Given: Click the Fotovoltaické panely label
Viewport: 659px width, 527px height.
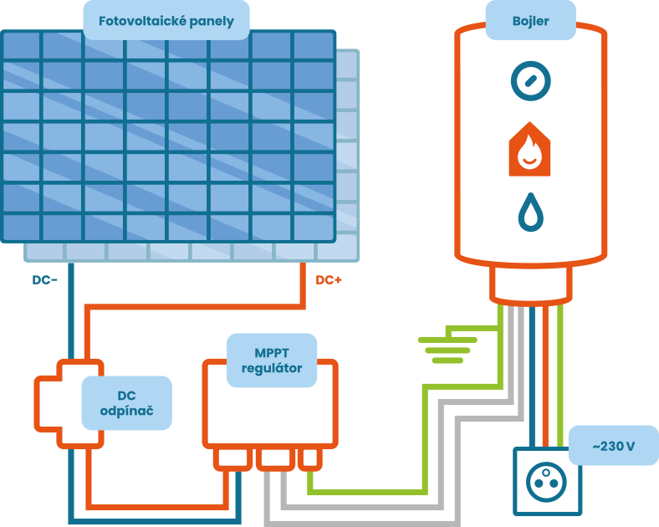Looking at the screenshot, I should click(x=166, y=20).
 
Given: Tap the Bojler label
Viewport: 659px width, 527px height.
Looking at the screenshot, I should click(x=530, y=20).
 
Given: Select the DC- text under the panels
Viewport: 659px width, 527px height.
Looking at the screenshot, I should click(x=45, y=280).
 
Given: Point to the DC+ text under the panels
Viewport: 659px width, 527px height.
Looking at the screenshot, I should click(x=329, y=280).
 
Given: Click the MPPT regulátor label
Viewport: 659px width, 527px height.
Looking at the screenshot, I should click(x=272, y=360).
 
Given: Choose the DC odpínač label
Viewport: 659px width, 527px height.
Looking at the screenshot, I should click(x=126, y=403).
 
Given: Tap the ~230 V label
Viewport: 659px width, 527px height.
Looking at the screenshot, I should click(x=613, y=447).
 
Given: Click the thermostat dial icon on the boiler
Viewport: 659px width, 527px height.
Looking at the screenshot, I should click(x=531, y=81).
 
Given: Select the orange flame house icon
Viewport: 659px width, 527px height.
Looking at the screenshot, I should click(x=529, y=150).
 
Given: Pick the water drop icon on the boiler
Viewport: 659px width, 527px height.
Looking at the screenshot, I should click(x=530, y=212).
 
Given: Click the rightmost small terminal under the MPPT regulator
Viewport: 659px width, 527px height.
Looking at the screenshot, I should click(x=309, y=458).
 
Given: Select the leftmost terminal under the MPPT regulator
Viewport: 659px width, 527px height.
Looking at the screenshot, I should click(x=233, y=458).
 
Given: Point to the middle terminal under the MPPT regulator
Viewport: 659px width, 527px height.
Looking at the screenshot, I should click(x=274, y=458).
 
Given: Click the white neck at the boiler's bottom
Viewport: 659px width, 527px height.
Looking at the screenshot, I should click(x=531, y=284).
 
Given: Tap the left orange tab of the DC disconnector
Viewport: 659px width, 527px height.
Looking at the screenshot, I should click(x=47, y=403).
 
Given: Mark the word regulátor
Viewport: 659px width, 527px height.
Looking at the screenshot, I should click(x=272, y=368).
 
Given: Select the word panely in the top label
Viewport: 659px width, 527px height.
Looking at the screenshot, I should click(x=207, y=20).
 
